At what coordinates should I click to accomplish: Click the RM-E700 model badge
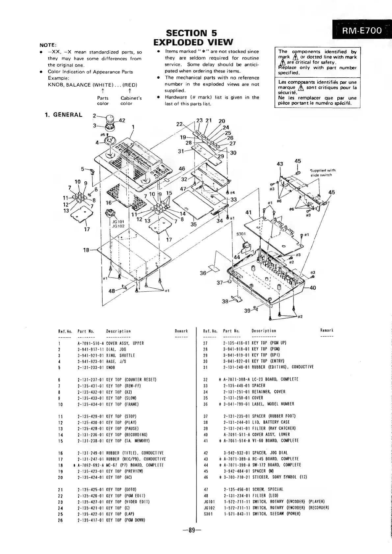click(361, 31)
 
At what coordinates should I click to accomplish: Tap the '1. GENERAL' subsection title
click(64, 115)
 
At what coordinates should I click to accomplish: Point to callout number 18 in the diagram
click(86, 250)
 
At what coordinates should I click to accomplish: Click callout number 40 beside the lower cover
click(312, 288)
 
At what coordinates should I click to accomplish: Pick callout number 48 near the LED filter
click(112, 291)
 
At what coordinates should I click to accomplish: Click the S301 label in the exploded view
click(241, 234)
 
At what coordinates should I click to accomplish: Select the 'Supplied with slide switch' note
click(323, 172)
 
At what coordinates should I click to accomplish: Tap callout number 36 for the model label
click(203, 273)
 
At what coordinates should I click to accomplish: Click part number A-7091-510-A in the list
click(91, 343)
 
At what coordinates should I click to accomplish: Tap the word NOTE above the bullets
click(48, 45)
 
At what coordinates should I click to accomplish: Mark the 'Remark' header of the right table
click(327, 330)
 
